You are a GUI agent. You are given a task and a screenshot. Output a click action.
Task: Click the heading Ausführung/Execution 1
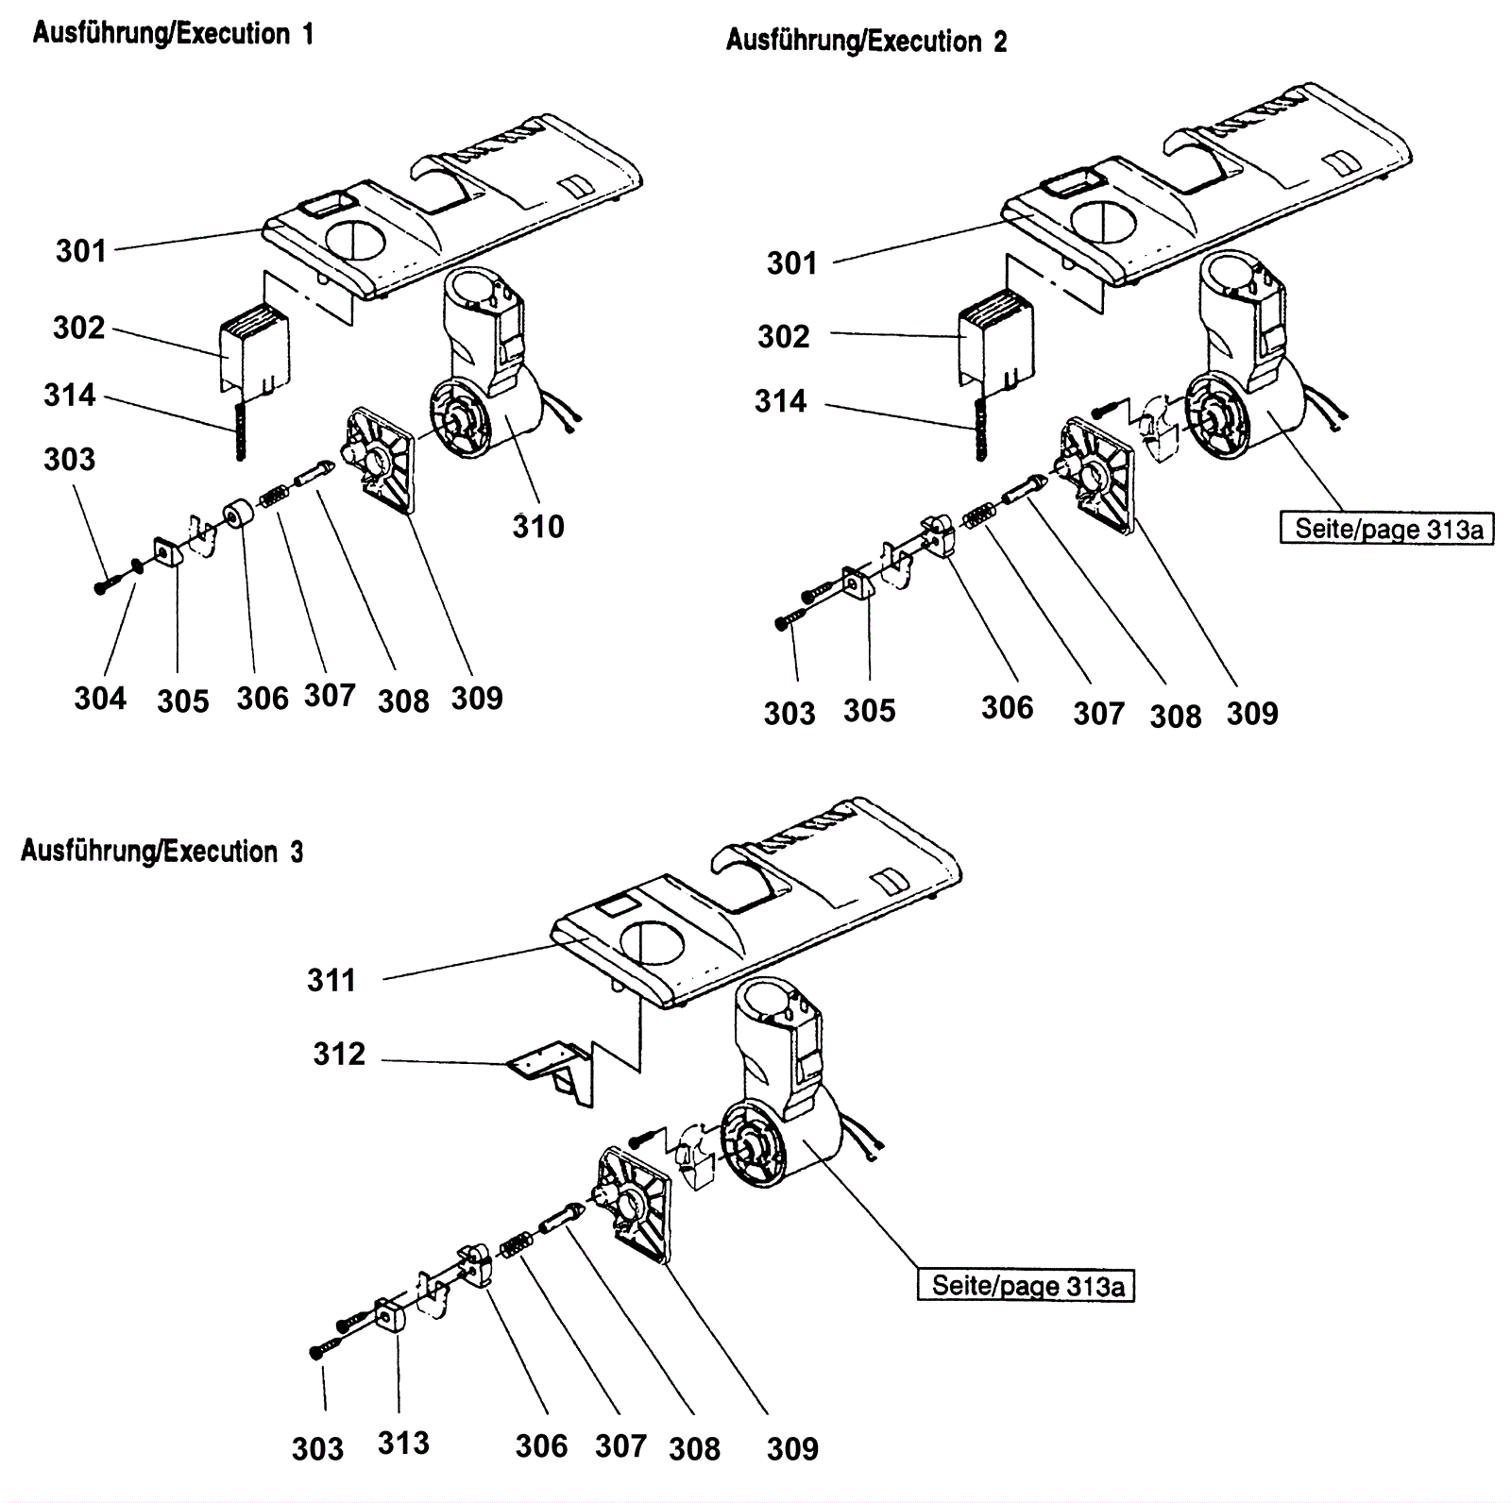[x=173, y=34]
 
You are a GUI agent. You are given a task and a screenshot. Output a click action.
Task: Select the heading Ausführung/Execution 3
[x=162, y=852]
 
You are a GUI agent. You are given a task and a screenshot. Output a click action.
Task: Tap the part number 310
[x=538, y=526]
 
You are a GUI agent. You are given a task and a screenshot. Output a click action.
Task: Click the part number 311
[x=331, y=980]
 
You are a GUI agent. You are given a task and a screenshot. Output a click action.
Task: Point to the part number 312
[x=339, y=1054]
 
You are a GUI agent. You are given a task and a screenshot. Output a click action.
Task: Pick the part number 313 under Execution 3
[x=403, y=1443]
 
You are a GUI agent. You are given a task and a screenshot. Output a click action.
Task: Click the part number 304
[x=100, y=699]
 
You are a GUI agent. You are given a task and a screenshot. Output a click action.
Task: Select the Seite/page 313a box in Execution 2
[x=1387, y=528]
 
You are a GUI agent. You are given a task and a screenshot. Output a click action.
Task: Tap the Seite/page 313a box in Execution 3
[x=1026, y=1286]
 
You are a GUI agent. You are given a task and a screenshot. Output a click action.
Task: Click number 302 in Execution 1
[x=79, y=328]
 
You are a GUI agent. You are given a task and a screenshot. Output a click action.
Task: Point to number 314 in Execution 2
[x=781, y=401]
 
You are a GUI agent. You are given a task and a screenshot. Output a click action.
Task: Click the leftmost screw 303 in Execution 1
[x=103, y=586]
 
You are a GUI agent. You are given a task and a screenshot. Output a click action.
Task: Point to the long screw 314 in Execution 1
[x=241, y=429]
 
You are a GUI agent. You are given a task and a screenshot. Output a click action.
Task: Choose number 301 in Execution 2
[x=791, y=262]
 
